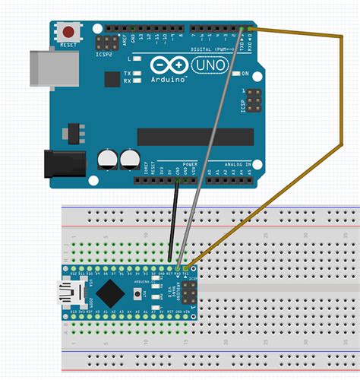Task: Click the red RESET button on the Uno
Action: coord(70,33)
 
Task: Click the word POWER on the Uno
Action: coord(190,165)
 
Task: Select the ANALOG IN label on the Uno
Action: coord(238,165)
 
